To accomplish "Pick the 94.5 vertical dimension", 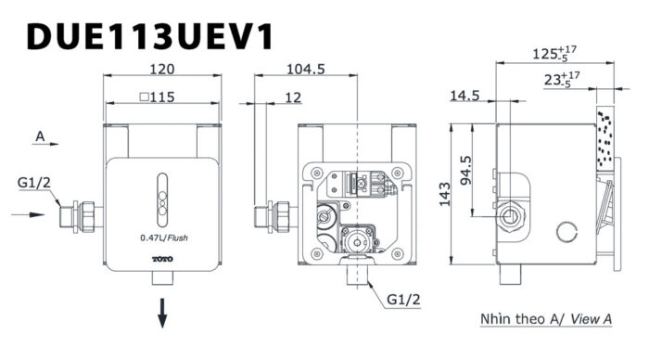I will (x=466, y=170).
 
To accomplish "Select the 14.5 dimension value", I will (x=464, y=95).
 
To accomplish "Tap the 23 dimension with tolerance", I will (x=562, y=80).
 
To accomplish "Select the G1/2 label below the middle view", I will (x=404, y=300).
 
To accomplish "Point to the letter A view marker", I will (x=40, y=136).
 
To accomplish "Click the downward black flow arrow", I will (x=162, y=312).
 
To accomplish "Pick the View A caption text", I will (x=546, y=319).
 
